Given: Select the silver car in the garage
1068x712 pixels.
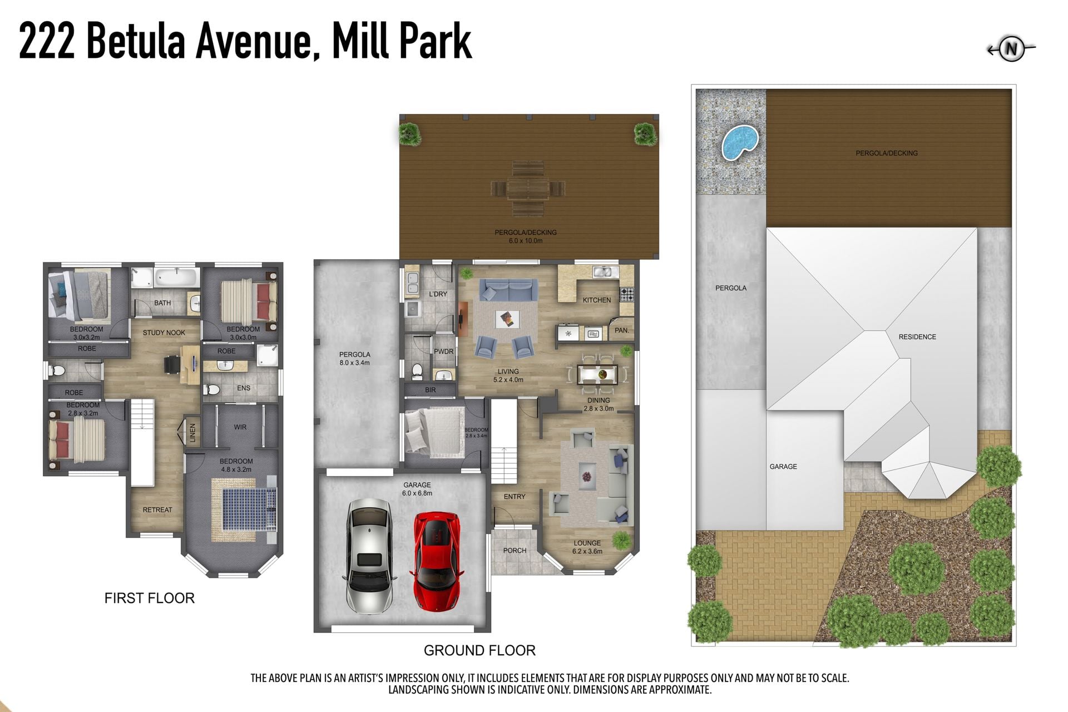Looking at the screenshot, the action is pyautogui.click(x=369, y=555).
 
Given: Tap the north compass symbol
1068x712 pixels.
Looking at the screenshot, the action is pyautogui.click(x=1011, y=50).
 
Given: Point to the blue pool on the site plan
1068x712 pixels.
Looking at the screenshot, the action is pyautogui.click(x=740, y=142).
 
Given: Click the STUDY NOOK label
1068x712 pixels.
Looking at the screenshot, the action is pyautogui.click(x=164, y=333).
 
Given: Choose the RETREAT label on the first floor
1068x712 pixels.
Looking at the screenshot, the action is pyautogui.click(x=157, y=510).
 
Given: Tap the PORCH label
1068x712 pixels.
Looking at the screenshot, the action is pyautogui.click(x=515, y=550).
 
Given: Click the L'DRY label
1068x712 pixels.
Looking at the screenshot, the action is pyautogui.click(x=438, y=294).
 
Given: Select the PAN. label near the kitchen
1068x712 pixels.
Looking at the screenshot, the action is pyautogui.click(x=622, y=330).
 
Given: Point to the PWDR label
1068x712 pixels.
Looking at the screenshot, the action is pyautogui.click(x=444, y=352).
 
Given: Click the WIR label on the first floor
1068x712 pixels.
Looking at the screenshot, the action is pyautogui.click(x=240, y=427).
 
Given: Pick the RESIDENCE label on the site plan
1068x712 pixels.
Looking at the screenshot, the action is pyautogui.click(x=917, y=337).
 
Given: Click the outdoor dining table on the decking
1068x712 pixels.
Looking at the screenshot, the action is pyautogui.click(x=528, y=189).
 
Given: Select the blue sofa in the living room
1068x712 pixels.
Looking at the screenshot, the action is pyautogui.click(x=508, y=290).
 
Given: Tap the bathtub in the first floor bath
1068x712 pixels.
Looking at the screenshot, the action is pyautogui.click(x=176, y=276).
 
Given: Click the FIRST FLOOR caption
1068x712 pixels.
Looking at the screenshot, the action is pyautogui.click(x=150, y=598).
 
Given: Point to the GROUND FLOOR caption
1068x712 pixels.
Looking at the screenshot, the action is pyautogui.click(x=479, y=650).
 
